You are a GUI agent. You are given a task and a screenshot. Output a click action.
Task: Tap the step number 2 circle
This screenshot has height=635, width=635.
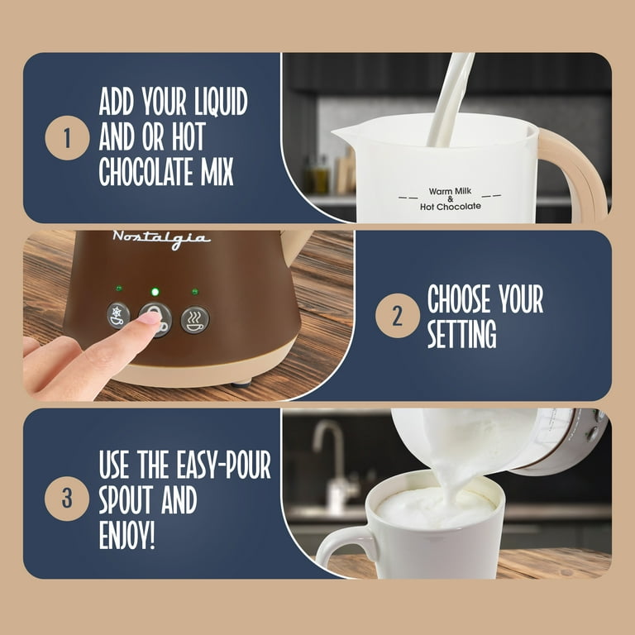click(397, 316)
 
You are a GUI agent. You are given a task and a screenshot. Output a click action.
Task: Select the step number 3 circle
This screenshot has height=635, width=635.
click(67, 498)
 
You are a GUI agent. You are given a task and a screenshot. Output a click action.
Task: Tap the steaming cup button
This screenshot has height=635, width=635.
click(195, 319)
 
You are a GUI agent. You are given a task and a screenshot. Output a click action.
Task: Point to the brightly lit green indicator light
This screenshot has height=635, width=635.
click(155, 292)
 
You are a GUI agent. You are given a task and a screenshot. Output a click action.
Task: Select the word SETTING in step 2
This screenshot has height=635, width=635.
click(462, 334)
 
